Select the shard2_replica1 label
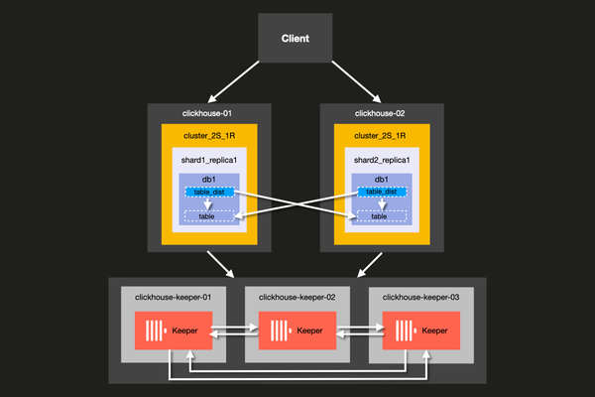click(381, 159)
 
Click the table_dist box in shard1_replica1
click(208, 192)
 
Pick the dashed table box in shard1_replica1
click(208, 215)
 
